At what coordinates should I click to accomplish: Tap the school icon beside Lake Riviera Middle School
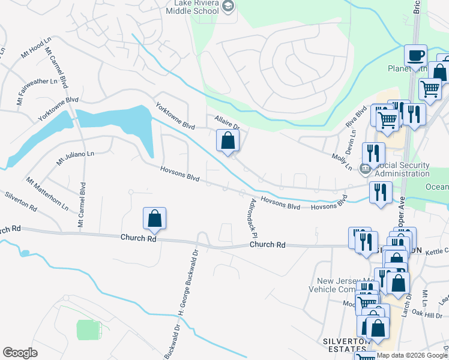tap(228, 7)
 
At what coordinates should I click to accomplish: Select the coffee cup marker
tap(415, 56)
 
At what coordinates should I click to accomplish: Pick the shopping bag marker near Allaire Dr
tap(228, 141)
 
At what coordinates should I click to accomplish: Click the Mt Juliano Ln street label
tap(75, 158)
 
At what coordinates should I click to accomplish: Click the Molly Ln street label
tap(342, 161)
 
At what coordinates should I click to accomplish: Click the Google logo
tap(20, 353)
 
